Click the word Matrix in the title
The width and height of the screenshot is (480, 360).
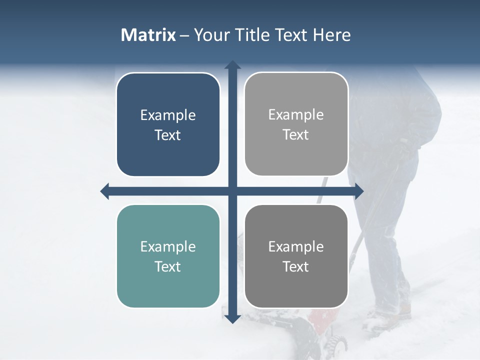pyautogui.click(x=148, y=35)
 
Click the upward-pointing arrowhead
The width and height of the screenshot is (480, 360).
pyautogui.click(x=232, y=65)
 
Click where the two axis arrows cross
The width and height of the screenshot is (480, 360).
pyautogui.click(x=232, y=191)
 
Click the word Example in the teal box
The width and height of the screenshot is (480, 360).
pyautogui.click(x=168, y=246)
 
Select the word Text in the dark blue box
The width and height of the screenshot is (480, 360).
pyautogui.click(x=168, y=135)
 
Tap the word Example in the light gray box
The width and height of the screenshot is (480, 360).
pyautogui.click(x=296, y=114)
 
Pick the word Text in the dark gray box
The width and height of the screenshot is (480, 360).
pyautogui.click(x=296, y=266)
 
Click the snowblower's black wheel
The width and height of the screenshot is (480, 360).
pyautogui.click(x=336, y=344)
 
